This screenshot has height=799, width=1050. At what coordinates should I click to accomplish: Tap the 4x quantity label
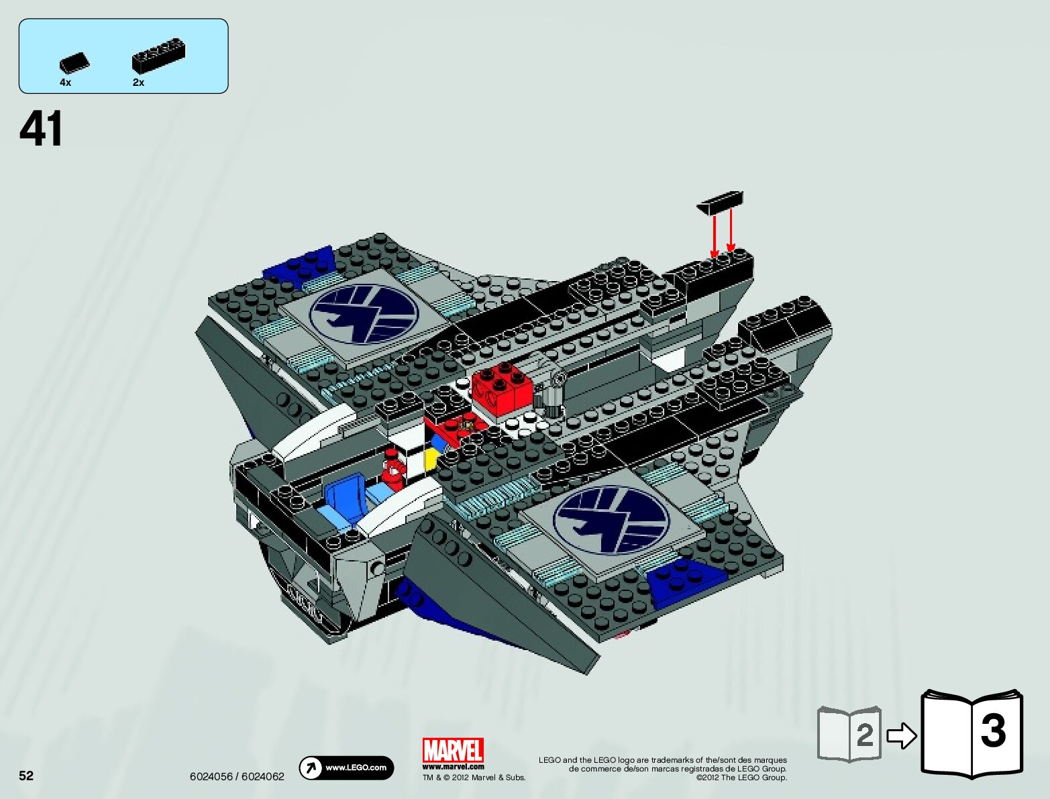coord(65,83)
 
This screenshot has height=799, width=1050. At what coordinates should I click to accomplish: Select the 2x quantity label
coord(138,83)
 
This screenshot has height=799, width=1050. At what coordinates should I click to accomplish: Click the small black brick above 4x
coord(74,62)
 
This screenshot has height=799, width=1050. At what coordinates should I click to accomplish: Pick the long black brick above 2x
coord(158,56)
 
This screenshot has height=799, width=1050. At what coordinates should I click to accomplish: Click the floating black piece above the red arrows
coord(721,202)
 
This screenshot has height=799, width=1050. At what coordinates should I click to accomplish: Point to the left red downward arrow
coord(715,234)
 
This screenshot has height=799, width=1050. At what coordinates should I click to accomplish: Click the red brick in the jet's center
coord(502,388)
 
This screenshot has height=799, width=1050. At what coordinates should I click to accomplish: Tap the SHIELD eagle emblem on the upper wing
coord(364,314)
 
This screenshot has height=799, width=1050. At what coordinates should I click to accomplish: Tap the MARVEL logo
coord(453,751)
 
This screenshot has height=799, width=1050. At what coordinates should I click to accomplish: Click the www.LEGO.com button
coord(346,767)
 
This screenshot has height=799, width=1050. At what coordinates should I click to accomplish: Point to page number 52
coord(26,776)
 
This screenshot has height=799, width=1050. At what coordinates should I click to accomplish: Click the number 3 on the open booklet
coord(993,731)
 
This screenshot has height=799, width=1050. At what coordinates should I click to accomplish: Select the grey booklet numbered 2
coord(849,734)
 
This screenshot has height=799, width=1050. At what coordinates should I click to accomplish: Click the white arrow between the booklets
coord(901,736)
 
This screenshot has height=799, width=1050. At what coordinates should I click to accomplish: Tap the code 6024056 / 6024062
coord(237,777)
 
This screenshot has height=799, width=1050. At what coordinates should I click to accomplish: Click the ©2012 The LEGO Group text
coord(741,778)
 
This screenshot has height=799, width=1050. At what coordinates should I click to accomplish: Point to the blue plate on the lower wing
coord(684,580)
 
